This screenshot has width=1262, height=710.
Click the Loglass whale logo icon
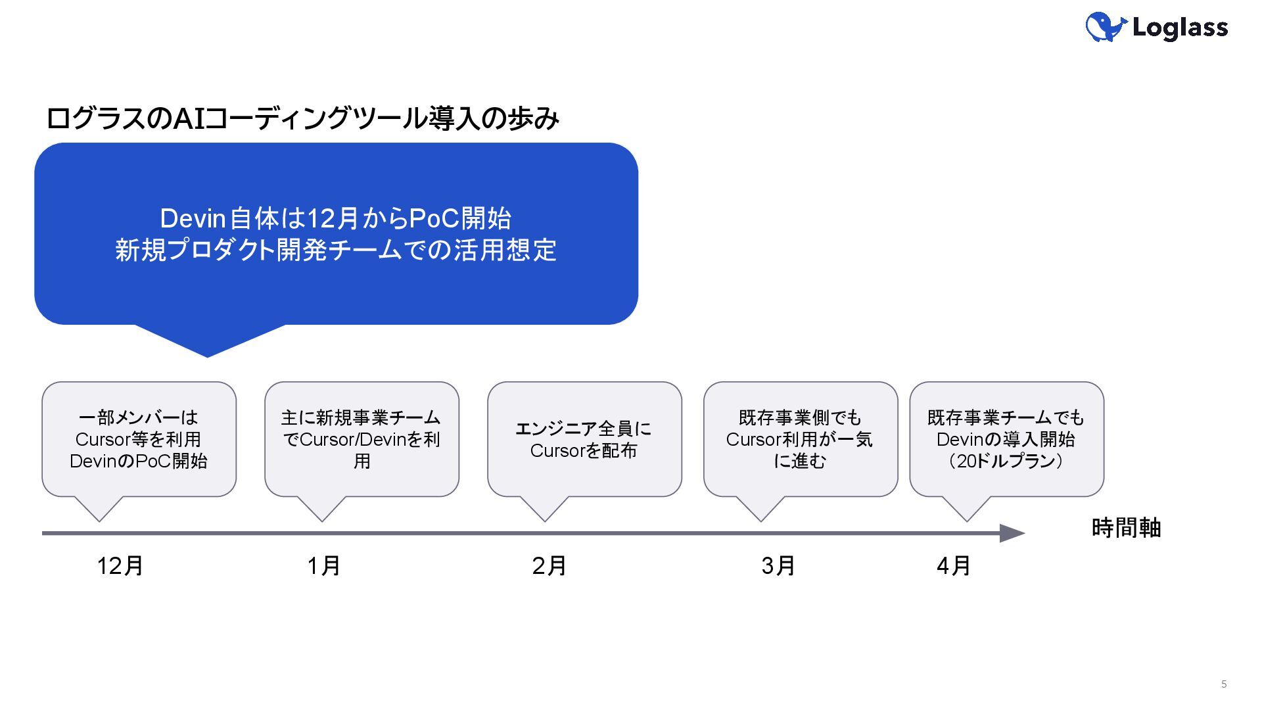pos(1106,27)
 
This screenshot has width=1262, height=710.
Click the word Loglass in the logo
pos(1180,28)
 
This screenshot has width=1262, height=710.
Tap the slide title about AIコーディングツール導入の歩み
pos(302,118)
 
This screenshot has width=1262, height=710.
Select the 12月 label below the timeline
pos(120,565)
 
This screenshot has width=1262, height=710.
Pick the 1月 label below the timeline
pos(323,565)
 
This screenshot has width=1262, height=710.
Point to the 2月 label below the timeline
pos(549,565)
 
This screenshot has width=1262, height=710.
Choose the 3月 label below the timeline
pos(778,565)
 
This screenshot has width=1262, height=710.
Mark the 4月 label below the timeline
pos(953,565)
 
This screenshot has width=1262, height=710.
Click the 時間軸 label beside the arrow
pos(1126,528)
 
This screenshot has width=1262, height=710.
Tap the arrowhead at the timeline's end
pos(1012,533)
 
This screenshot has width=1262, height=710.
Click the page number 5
pos(1224,684)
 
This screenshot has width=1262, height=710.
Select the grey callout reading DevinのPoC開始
pos(139,439)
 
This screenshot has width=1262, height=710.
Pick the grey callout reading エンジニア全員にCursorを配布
pos(584,439)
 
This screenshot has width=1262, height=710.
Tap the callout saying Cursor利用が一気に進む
pos(800,439)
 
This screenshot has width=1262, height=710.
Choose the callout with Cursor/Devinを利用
pos(362,439)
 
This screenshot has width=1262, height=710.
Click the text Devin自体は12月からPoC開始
pos(336,218)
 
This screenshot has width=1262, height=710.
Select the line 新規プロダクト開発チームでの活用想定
pos(336,250)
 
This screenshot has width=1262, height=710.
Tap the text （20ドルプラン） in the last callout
pos(1006,461)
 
